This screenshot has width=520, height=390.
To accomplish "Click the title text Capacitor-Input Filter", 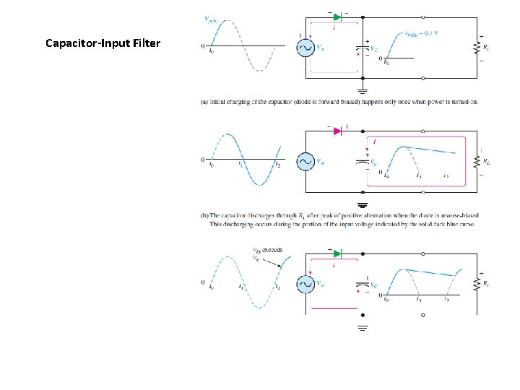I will coord(103,43).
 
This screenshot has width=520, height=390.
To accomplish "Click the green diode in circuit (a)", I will coord(337,15).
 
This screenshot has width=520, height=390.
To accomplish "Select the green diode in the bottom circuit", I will coord(337,253).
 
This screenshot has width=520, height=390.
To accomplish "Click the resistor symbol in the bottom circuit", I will coord(477,284).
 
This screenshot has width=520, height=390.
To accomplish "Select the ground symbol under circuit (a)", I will coord(363,91).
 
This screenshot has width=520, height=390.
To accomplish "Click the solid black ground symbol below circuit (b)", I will coord(363,204).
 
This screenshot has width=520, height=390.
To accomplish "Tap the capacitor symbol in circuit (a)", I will coord(362,49).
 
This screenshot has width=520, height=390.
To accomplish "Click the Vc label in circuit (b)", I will coord(373,162).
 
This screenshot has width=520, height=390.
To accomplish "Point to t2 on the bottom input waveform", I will coord(277,287).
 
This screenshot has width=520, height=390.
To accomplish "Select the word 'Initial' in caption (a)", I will coord(220,102).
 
